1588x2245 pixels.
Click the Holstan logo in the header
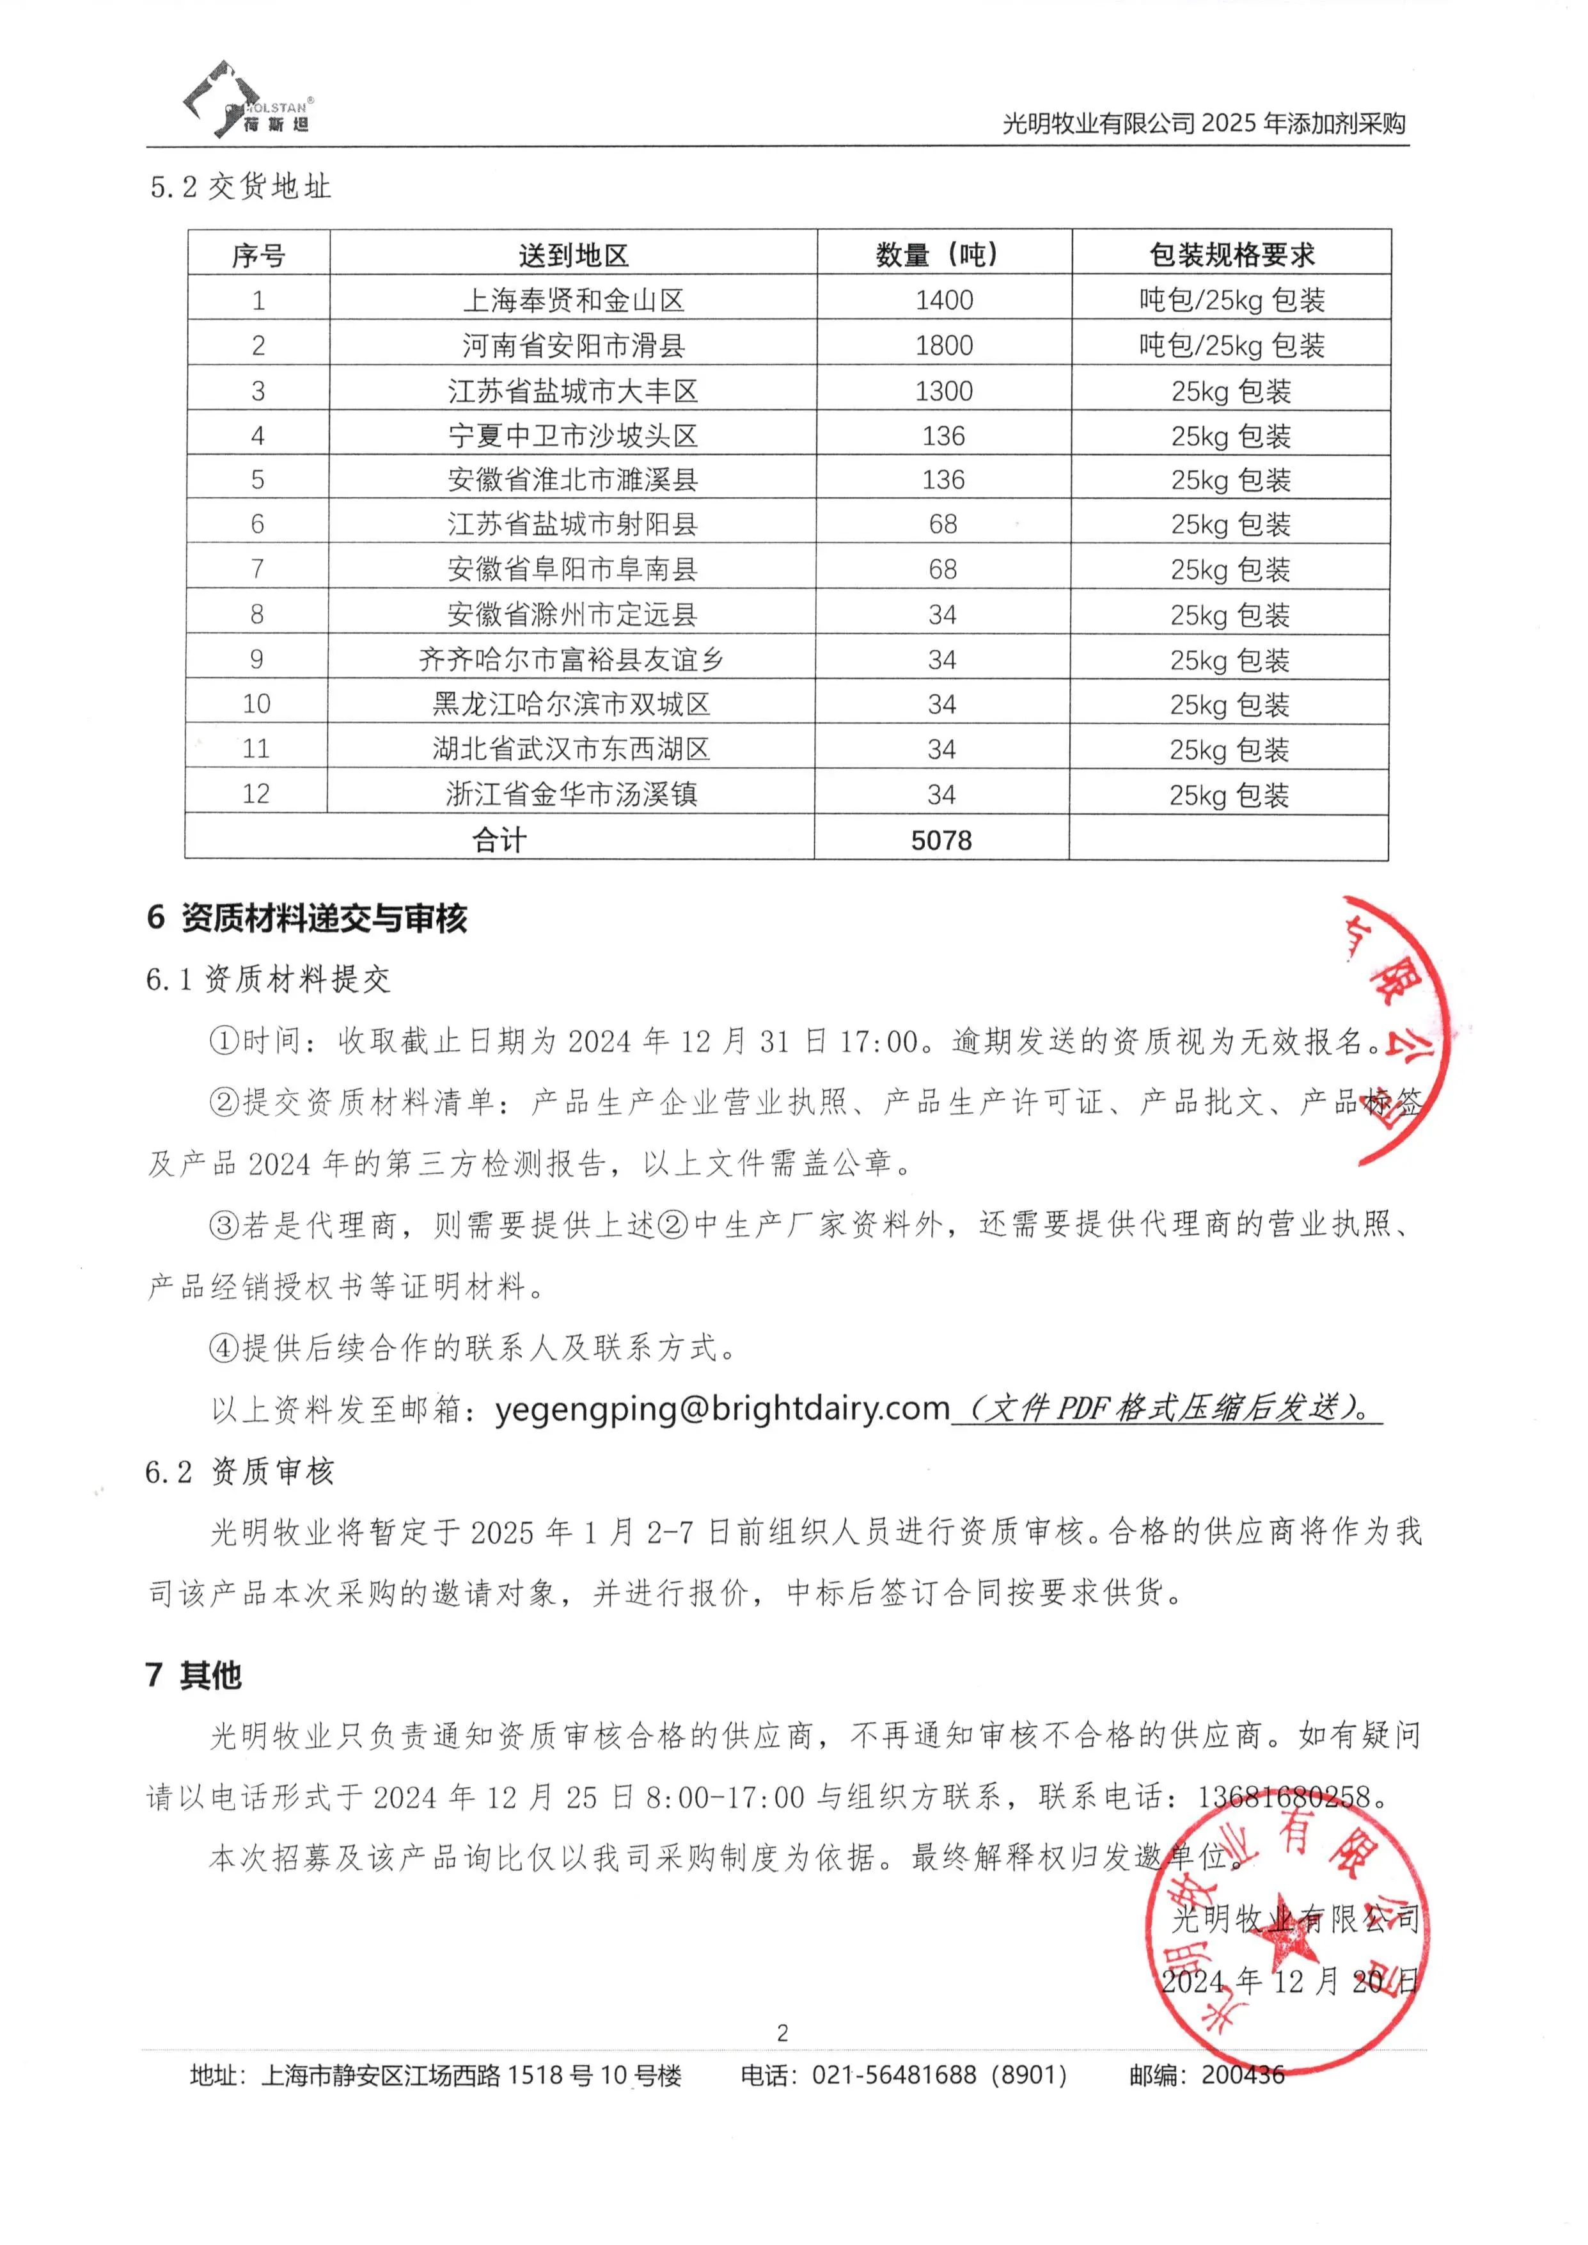pyautogui.click(x=248, y=100)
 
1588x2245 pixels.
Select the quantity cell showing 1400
pyautogui.click(x=943, y=300)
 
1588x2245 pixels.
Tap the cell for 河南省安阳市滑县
pyautogui.click(x=573, y=346)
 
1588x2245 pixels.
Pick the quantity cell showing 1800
pyautogui.click(x=943, y=346)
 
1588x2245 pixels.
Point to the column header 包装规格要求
pyautogui.click(x=1231, y=255)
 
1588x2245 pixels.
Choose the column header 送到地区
pyautogui.click(x=573, y=255)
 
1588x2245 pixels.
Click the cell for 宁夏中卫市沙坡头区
pyautogui.click(x=573, y=435)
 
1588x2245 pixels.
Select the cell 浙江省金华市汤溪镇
pyautogui.click(x=571, y=794)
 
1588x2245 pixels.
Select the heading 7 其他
pyautogui.click(x=194, y=1675)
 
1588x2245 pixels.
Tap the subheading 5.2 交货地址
pyautogui.click(x=240, y=187)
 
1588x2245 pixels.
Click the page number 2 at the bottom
pyautogui.click(x=782, y=2033)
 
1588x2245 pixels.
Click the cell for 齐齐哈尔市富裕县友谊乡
pyautogui.click(x=571, y=659)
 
